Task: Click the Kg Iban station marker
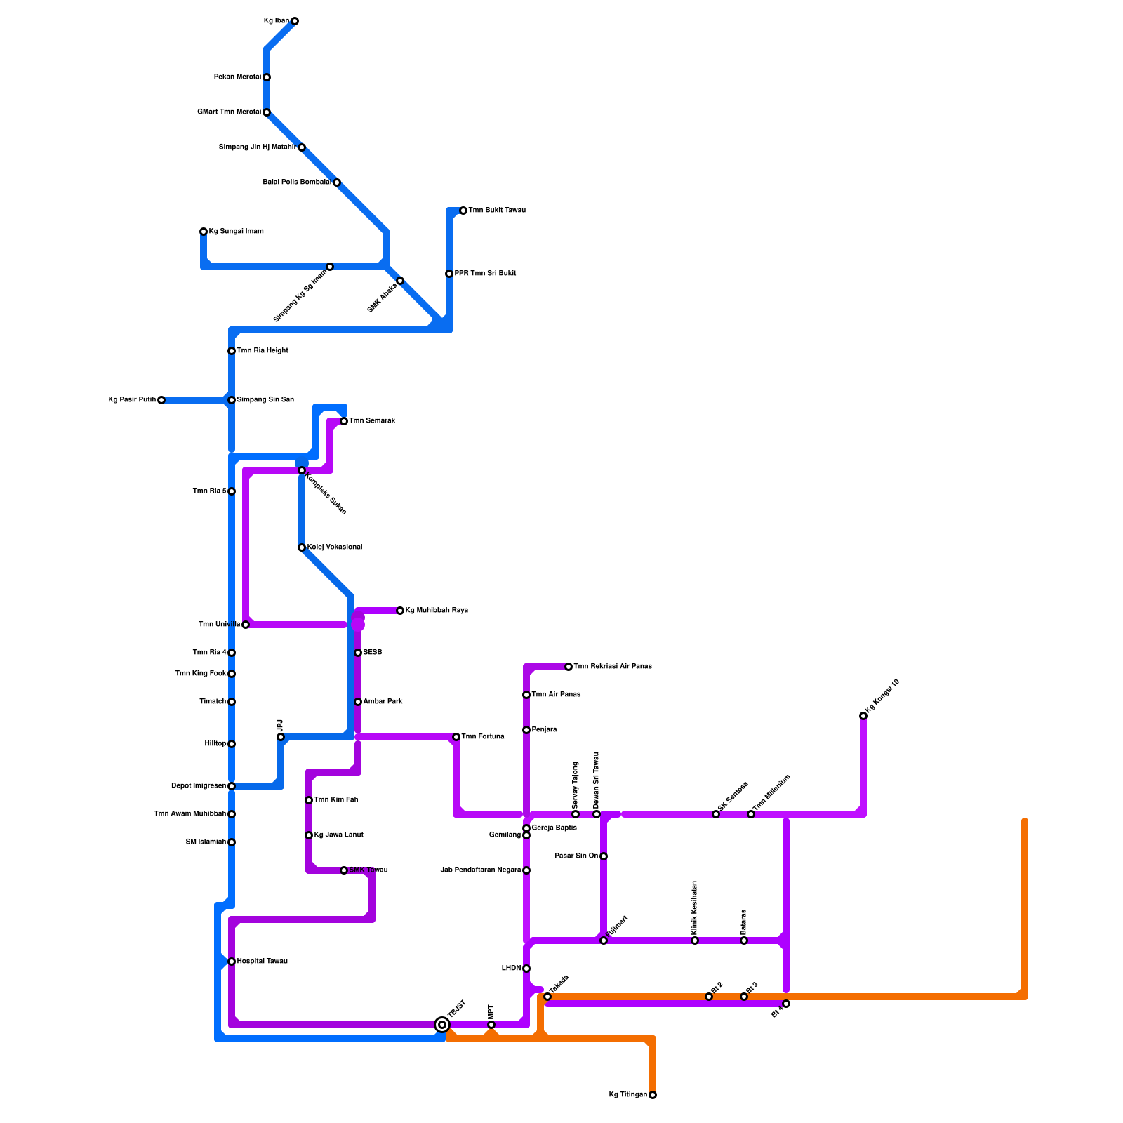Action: click(295, 21)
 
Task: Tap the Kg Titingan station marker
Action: click(653, 1095)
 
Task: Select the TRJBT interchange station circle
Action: click(442, 1025)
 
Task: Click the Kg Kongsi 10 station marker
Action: click(863, 716)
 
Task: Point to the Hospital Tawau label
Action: click(263, 962)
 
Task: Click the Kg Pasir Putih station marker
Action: click(161, 400)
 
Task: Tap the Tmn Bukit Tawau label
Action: click(497, 211)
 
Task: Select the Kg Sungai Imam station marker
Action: click(204, 232)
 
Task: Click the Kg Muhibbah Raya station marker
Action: click(400, 611)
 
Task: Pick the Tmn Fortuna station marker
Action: click(456, 737)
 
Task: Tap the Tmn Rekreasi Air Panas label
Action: click(613, 667)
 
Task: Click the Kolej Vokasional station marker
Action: click(302, 547)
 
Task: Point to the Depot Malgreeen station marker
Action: click(232, 786)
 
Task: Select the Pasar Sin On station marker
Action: click(604, 856)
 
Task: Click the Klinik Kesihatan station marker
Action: click(695, 941)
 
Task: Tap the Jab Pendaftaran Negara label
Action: click(481, 870)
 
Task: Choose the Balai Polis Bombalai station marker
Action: click(337, 182)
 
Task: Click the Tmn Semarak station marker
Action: click(344, 421)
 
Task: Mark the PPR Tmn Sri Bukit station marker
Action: click(449, 274)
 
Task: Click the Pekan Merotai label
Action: click(237, 77)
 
